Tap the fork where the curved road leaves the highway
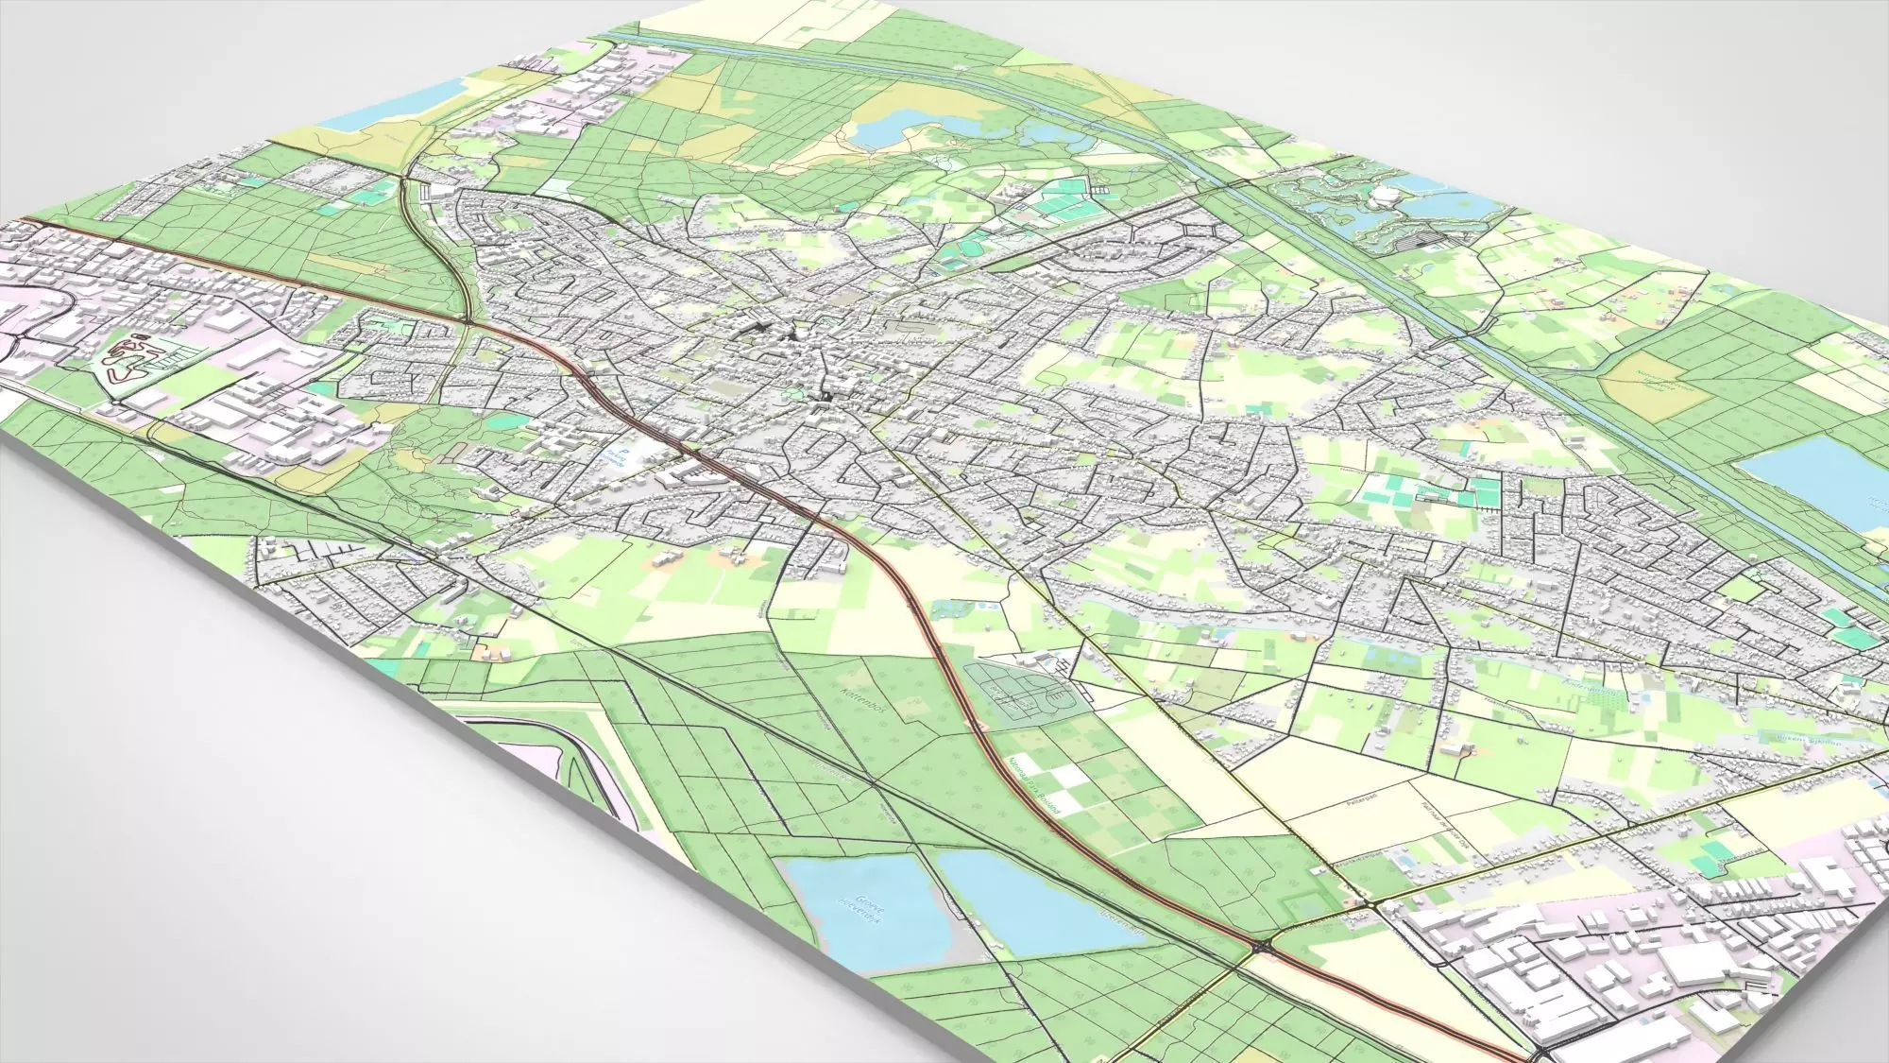click(469, 322)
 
